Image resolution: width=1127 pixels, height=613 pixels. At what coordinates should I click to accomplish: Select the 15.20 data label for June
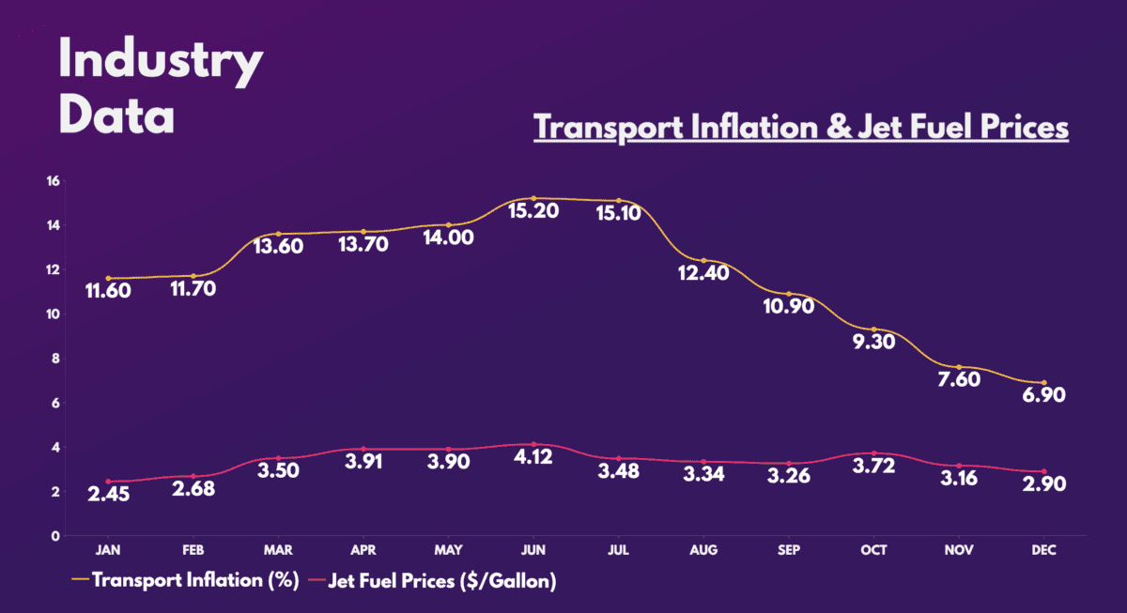click(x=533, y=211)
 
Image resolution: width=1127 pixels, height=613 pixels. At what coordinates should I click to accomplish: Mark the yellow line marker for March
click(x=278, y=234)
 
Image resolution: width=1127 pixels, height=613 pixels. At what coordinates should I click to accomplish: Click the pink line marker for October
click(x=874, y=453)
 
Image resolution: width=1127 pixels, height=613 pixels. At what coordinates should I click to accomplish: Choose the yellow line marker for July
click(x=619, y=201)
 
